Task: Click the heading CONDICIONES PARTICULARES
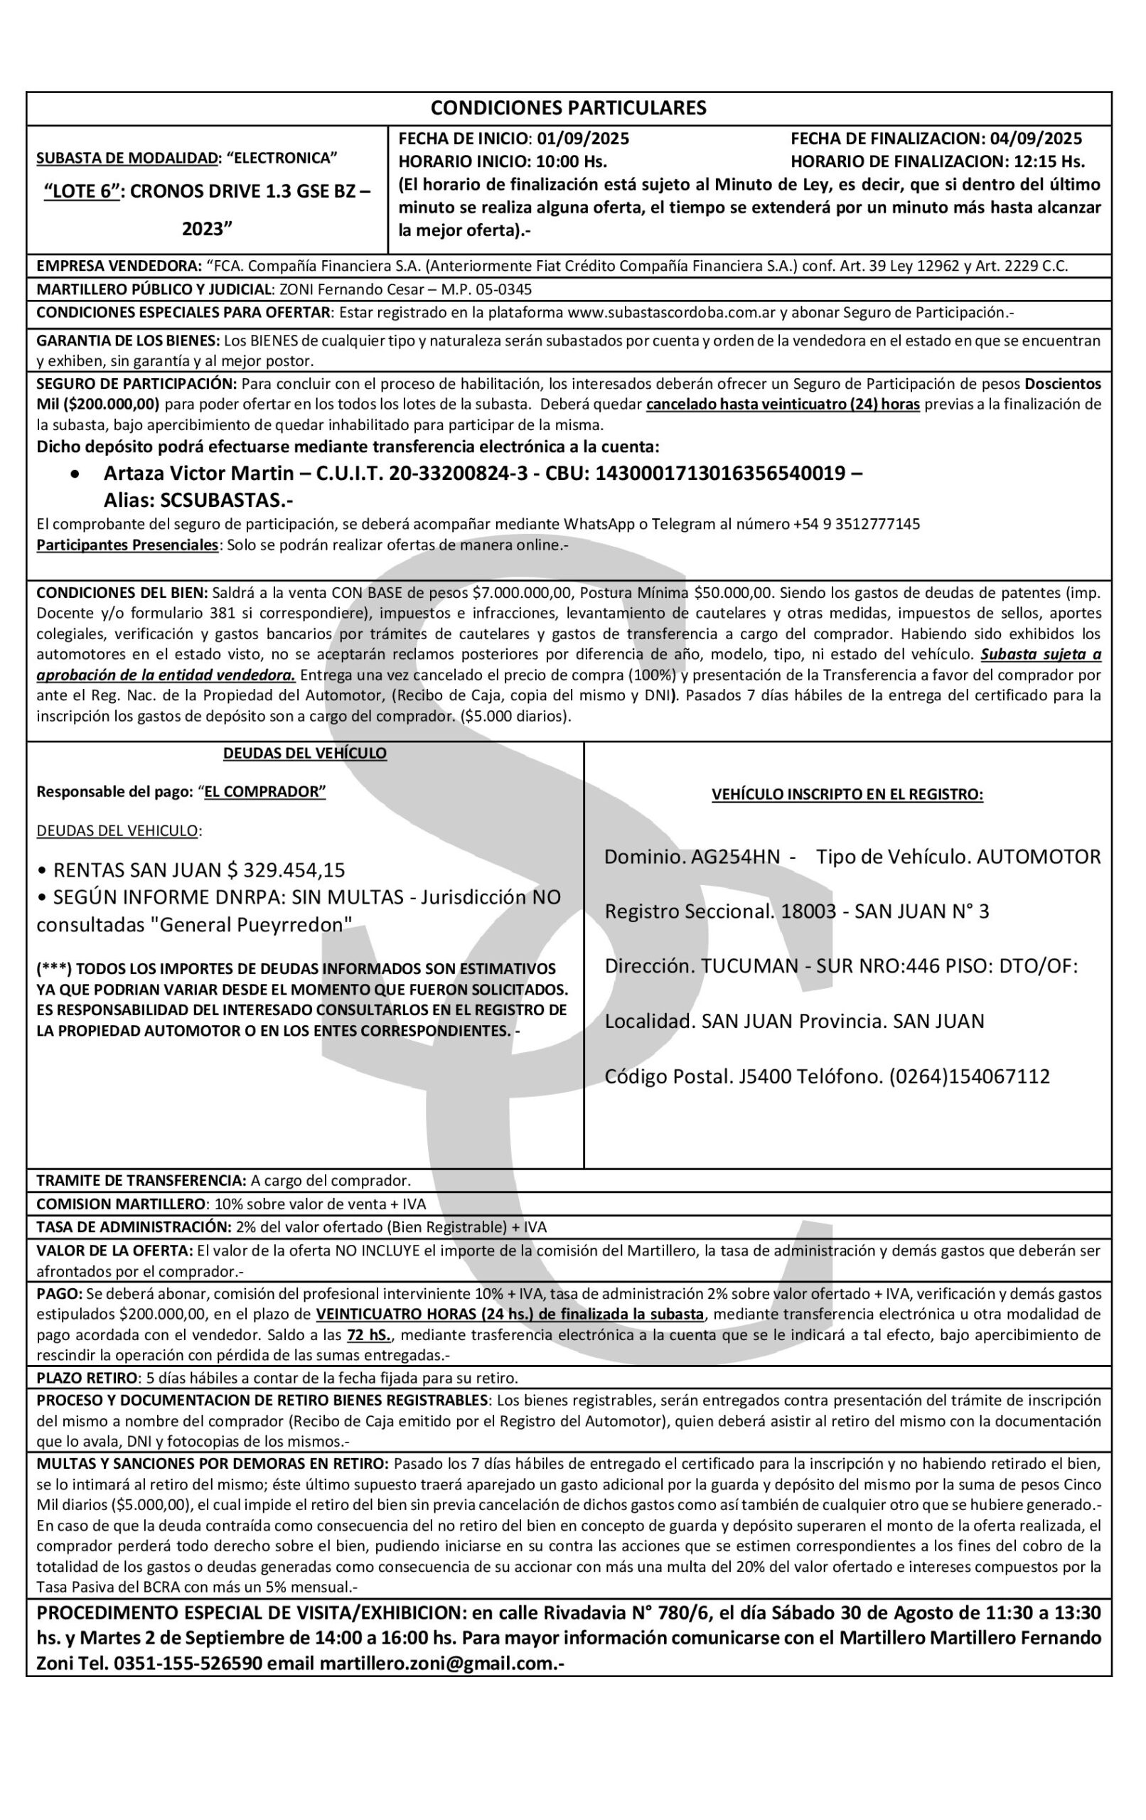(569, 108)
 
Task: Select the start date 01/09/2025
(583, 139)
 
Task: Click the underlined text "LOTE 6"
(82, 192)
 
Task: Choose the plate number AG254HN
(736, 857)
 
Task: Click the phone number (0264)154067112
(969, 1076)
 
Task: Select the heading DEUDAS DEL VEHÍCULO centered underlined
(305, 754)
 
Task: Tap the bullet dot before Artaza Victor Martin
(73, 475)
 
